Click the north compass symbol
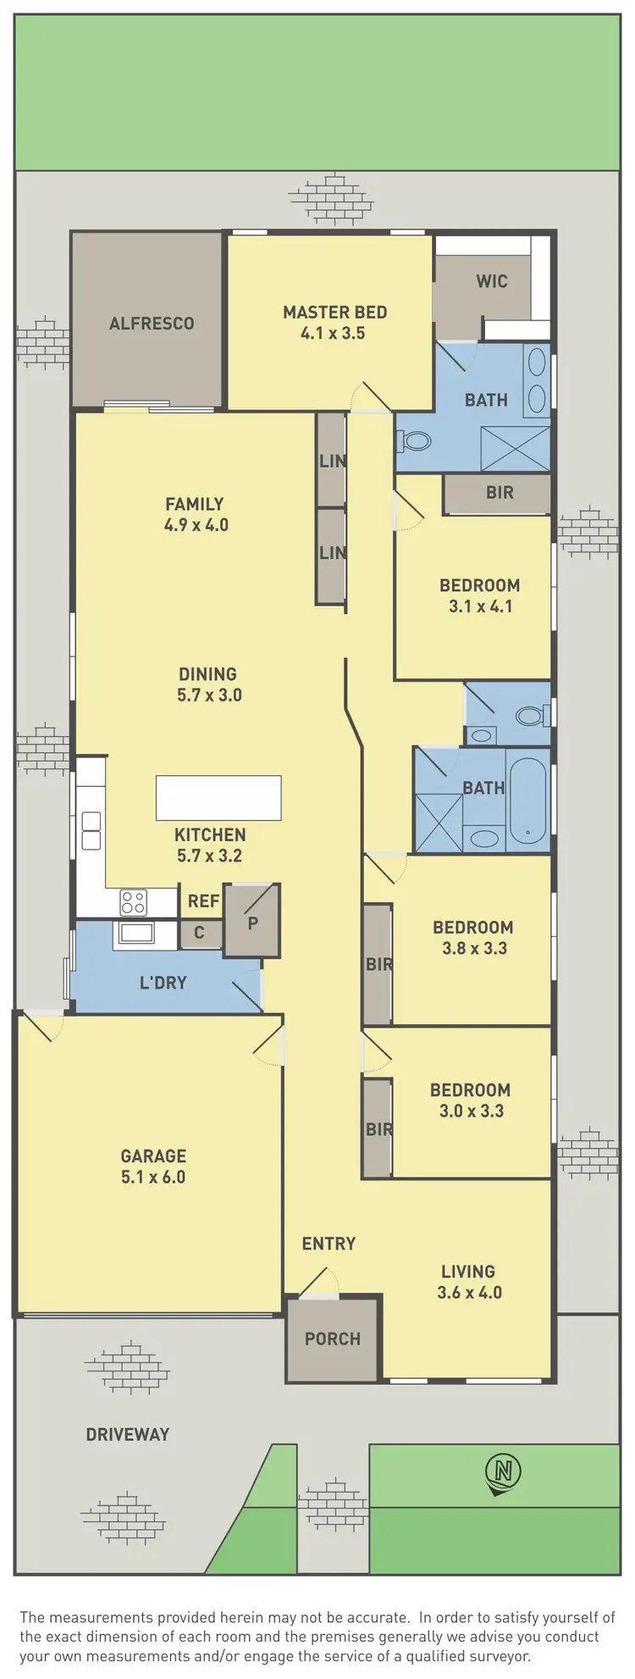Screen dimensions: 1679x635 coord(503,1471)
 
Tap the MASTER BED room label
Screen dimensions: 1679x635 coord(334,313)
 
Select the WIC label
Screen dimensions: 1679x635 coord(491,281)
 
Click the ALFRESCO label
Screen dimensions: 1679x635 coord(152,323)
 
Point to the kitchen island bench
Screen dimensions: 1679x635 coord(218,798)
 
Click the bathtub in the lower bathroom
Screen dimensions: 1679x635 coord(528,800)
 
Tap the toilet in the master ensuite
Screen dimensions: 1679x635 coord(415,441)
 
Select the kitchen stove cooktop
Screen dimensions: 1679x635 coord(133,902)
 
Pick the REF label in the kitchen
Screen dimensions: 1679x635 coord(203,901)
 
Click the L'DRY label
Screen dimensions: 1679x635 coord(163,983)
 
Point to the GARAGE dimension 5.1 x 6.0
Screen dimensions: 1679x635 coord(153,1177)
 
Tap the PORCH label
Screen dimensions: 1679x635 coord(333,1338)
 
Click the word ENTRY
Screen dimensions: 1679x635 coord(329,1244)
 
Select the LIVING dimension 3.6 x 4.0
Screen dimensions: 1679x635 coord(469,1293)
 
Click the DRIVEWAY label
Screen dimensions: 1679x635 coord(128,1434)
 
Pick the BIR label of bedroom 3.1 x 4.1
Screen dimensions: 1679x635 coord(500,492)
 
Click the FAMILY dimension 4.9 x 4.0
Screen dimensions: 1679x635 coord(196,525)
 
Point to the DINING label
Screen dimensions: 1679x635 coord(207,674)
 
